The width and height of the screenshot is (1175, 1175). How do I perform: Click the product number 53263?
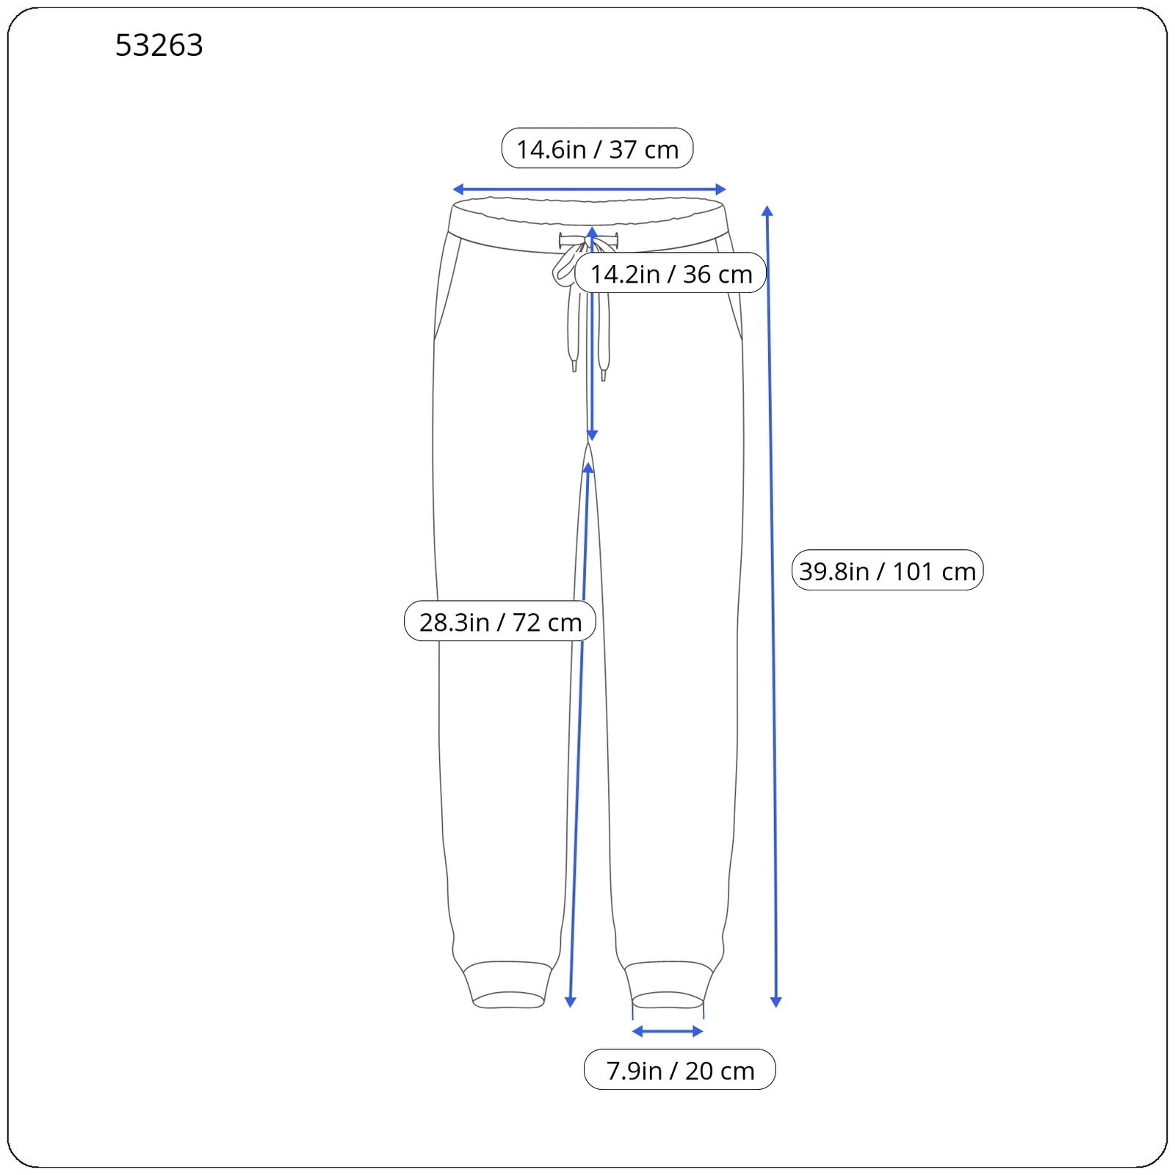(x=159, y=46)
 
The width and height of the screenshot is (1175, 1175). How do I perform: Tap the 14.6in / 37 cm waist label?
(x=597, y=148)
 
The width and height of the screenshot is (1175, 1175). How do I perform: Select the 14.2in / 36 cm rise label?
(x=670, y=273)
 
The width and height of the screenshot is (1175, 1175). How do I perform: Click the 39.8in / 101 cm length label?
(x=887, y=570)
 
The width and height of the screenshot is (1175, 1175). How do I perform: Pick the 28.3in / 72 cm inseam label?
(x=500, y=621)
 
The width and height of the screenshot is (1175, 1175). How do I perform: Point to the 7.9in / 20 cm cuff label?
(x=680, y=1070)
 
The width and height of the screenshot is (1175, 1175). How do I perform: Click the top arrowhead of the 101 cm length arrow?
(x=767, y=211)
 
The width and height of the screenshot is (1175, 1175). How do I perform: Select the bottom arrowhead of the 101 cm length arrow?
(x=775, y=1002)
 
